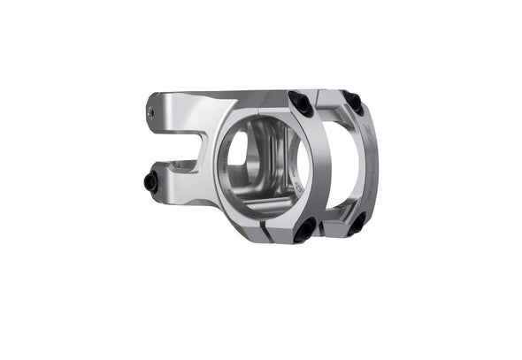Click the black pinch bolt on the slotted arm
coord(150,183)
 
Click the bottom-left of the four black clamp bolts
coord(303,232)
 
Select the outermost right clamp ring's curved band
coord(372,177)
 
